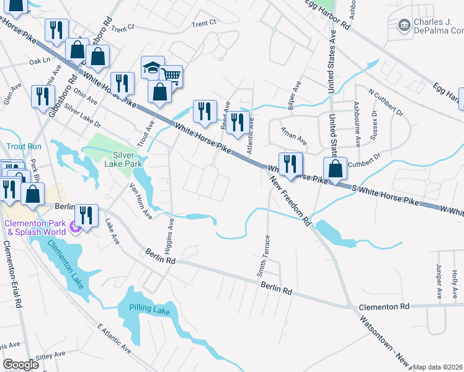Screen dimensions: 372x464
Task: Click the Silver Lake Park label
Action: [x=128, y=159]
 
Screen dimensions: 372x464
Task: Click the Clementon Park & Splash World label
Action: [x=35, y=228]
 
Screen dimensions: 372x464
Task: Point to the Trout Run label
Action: [x=24, y=146]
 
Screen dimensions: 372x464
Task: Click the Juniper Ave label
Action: [x=439, y=285]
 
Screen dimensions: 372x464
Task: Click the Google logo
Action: [x=20, y=365]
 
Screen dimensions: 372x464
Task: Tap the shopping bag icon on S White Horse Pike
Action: [x=335, y=169]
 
